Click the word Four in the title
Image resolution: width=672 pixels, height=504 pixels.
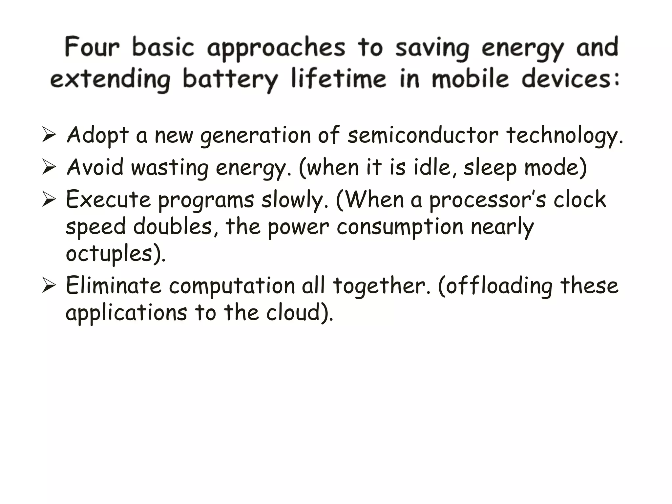pyautogui.click(x=92, y=48)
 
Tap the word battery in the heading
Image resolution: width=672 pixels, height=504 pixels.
pyautogui.click(x=230, y=79)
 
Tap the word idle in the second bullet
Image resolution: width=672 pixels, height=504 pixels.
pyautogui.click(x=434, y=167)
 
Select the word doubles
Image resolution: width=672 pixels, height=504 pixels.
pyautogui.click(x=173, y=226)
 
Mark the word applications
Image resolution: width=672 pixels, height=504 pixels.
pyautogui.click(x=126, y=313)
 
